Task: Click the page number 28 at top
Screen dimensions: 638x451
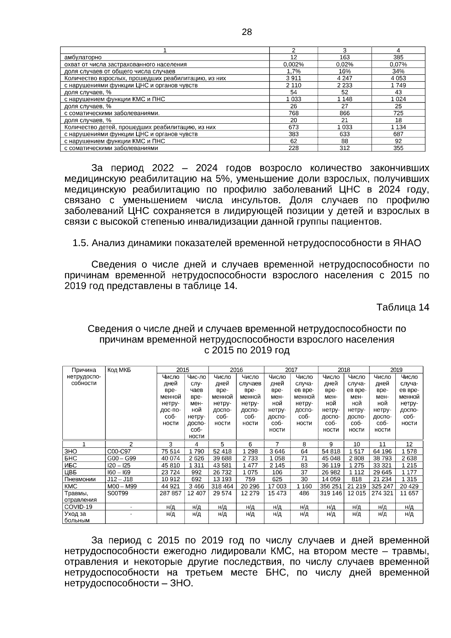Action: click(x=247, y=32)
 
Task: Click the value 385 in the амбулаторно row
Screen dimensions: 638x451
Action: click(x=398, y=57)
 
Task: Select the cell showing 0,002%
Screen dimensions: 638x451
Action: click(x=293, y=64)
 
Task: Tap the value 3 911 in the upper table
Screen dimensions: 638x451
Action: click(x=293, y=78)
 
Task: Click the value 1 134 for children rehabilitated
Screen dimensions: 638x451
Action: click(x=398, y=127)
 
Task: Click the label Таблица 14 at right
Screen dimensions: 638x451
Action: click(x=403, y=307)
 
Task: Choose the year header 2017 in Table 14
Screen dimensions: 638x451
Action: click(x=291, y=370)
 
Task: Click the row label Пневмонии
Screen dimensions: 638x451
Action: click(x=80, y=479)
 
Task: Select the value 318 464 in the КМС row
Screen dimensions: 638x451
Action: click(x=222, y=486)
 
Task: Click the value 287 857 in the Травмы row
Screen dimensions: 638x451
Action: click(x=170, y=493)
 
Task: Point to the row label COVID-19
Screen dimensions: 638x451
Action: click(x=78, y=507)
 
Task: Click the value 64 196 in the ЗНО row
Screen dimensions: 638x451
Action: click(x=382, y=451)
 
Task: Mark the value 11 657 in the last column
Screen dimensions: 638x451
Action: click(x=409, y=493)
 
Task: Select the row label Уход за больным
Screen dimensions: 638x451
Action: click(x=77, y=517)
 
